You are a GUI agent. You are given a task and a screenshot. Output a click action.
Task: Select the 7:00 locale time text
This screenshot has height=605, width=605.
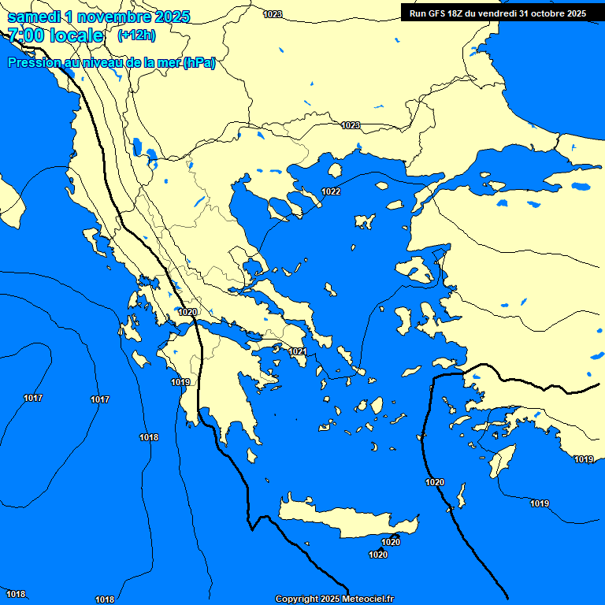pyautogui.click(x=55, y=35)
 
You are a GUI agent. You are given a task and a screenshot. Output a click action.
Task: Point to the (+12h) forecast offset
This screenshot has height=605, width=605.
pyautogui.click(x=136, y=35)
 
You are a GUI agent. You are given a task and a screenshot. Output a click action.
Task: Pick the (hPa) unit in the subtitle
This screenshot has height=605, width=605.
pyautogui.click(x=199, y=63)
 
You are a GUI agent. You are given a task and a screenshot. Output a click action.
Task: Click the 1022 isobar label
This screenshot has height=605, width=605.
pyautogui.click(x=331, y=192)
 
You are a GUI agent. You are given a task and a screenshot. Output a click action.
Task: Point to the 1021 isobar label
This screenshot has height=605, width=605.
pyautogui.click(x=297, y=351)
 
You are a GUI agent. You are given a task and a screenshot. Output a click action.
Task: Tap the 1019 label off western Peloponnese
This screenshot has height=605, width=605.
pyautogui.click(x=180, y=382)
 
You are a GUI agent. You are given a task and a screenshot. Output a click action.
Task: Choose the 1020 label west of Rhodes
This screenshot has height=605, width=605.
pyautogui.click(x=434, y=482)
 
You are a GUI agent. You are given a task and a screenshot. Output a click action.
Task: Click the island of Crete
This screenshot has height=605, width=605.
pyautogui.click(x=347, y=520)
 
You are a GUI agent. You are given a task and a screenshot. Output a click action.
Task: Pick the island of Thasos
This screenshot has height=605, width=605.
pyautogui.click(x=335, y=170)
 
